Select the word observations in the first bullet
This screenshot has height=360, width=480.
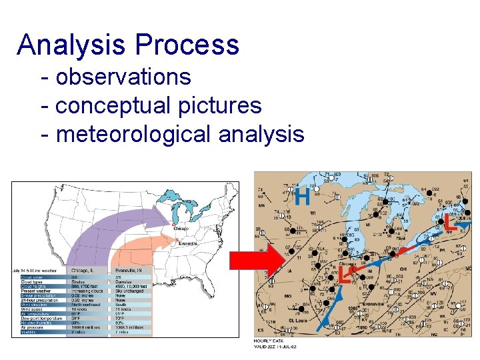point(123,77)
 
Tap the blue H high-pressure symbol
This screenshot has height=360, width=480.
point(302,197)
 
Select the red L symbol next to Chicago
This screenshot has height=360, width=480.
point(345,273)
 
